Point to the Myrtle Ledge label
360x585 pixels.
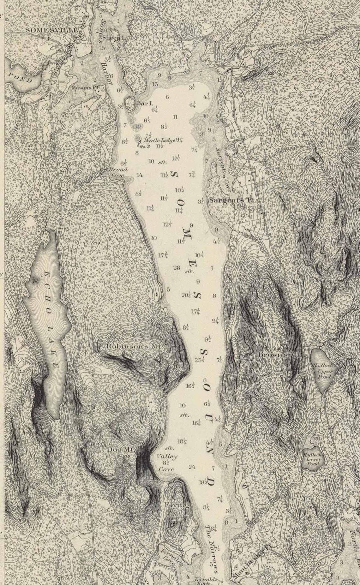point(159,140)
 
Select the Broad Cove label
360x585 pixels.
point(119,172)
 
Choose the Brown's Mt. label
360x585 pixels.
point(278,354)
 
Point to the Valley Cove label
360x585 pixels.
point(167,463)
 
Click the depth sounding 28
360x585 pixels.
point(177,268)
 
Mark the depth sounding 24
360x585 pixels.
point(192,467)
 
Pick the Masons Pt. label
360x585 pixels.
point(81,87)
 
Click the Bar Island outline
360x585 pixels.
point(129,103)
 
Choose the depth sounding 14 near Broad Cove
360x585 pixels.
point(139,175)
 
